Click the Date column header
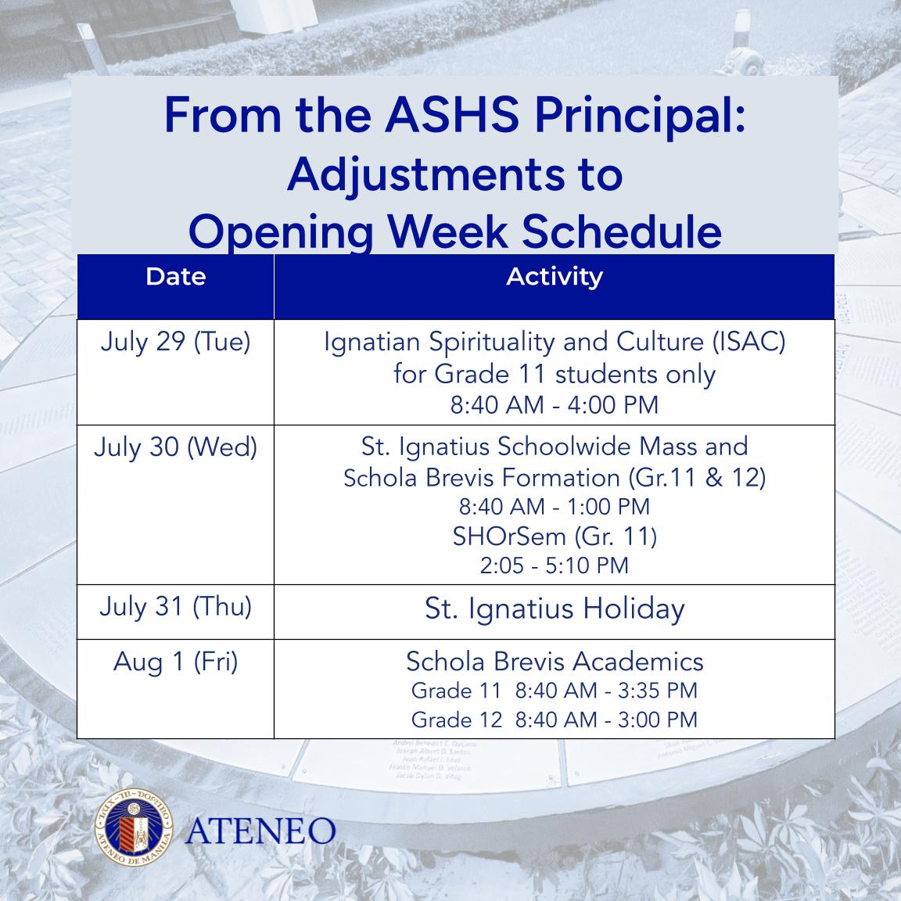(x=175, y=277)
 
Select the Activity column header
(x=554, y=277)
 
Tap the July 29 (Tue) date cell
(x=175, y=343)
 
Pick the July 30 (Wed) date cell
(x=175, y=447)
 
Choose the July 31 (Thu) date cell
(x=175, y=607)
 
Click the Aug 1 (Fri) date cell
(x=175, y=662)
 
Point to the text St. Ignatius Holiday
(x=555, y=609)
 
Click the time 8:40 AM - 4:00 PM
(x=555, y=405)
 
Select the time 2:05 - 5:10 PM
(x=555, y=565)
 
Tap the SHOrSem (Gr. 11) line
(x=555, y=537)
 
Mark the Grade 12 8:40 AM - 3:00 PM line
(x=555, y=719)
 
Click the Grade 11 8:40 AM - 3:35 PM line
(x=555, y=691)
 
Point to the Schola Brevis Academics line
(x=555, y=662)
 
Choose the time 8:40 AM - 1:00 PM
(x=555, y=507)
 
